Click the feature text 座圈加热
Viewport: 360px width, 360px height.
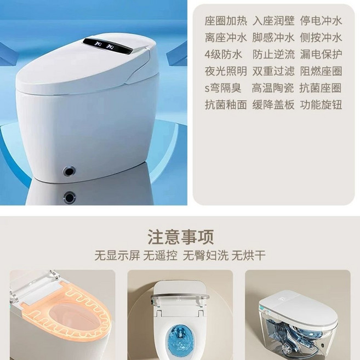[226, 21]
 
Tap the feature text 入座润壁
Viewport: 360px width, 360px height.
[273, 21]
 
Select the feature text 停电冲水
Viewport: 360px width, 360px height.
[321, 21]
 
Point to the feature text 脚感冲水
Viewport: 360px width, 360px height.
[273, 38]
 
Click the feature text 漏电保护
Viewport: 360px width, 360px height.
[321, 54]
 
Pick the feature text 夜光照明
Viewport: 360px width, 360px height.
[226, 71]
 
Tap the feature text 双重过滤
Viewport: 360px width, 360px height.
[273, 71]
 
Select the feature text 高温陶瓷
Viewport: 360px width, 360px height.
[273, 88]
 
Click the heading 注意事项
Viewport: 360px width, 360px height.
[180, 237]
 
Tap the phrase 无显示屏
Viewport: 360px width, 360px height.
[117, 256]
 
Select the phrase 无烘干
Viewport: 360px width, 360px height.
[249, 256]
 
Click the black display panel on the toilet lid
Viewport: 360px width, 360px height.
[107, 45]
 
